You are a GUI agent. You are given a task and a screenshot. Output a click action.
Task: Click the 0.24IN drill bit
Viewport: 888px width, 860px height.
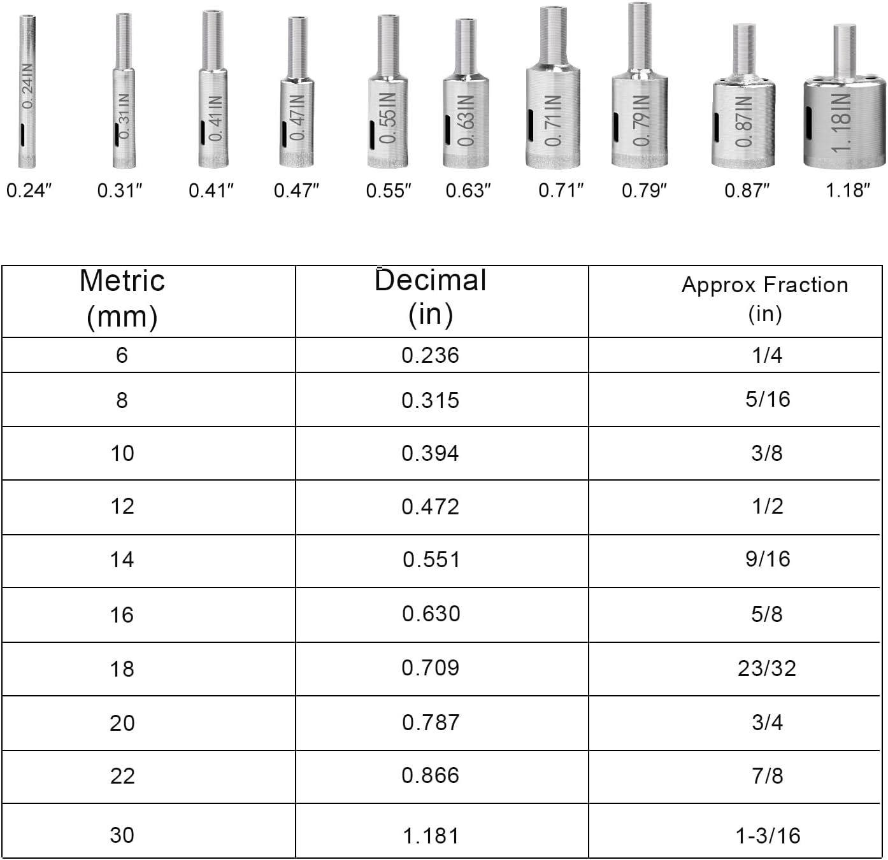tap(27, 92)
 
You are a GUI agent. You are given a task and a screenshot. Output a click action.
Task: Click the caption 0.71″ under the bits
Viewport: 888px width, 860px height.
tap(561, 190)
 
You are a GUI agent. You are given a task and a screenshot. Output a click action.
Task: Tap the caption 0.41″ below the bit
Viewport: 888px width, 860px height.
tap(211, 190)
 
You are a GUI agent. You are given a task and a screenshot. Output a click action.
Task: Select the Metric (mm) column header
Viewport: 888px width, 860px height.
tap(122, 299)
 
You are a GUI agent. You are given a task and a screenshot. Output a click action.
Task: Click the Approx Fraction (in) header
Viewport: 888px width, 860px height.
tap(764, 299)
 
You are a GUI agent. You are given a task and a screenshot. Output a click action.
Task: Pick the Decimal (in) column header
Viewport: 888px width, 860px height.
tap(431, 297)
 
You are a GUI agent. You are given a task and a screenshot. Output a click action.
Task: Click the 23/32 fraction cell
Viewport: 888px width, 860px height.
tap(767, 668)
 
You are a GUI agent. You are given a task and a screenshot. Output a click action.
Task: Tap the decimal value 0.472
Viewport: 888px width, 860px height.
tap(431, 507)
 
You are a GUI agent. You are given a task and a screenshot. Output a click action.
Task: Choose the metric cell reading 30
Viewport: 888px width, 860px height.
tap(122, 835)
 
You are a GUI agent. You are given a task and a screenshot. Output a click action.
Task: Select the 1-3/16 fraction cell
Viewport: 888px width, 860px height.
tap(768, 835)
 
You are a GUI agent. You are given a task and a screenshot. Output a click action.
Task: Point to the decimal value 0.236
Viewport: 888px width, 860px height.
tap(430, 355)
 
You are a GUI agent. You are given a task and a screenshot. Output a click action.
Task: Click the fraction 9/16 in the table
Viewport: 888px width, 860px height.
tap(768, 559)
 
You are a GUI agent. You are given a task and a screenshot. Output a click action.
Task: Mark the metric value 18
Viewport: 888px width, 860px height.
tap(122, 668)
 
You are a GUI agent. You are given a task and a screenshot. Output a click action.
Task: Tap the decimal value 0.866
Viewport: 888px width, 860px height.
tap(431, 775)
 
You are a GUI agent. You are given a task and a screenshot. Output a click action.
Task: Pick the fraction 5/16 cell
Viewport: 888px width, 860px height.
tap(768, 399)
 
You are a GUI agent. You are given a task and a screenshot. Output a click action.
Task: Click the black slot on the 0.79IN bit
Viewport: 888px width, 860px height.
tap(616, 127)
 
